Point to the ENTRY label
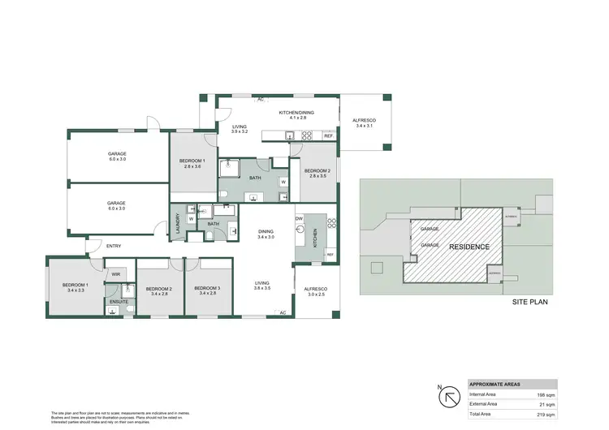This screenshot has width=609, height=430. point(114,246)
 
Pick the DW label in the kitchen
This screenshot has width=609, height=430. point(300,219)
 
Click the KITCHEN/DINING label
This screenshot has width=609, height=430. point(296,113)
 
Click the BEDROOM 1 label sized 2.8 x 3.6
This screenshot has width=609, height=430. point(192,163)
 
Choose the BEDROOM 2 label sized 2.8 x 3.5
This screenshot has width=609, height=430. point(317,172)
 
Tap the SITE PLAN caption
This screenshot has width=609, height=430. point(531,301)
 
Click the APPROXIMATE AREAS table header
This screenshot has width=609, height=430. point(496,384)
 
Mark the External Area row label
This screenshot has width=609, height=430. point(485,404)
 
